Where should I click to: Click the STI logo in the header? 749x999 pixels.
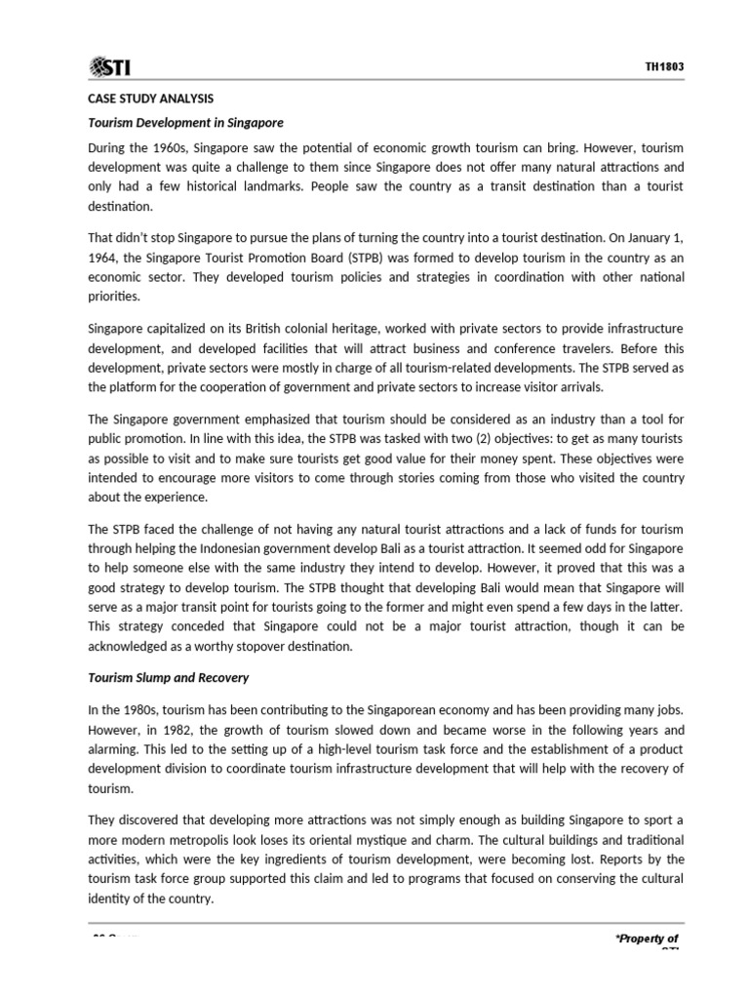tap(110, 67)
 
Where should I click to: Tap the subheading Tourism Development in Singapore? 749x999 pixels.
tap(185, 123)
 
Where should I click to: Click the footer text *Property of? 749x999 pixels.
tap(646, 939)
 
